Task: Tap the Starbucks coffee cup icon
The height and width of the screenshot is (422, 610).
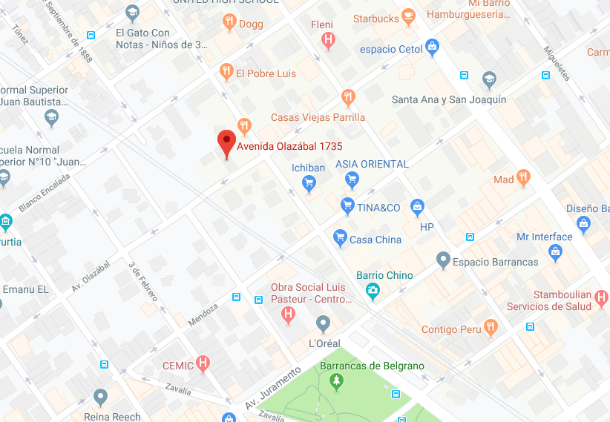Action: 407,16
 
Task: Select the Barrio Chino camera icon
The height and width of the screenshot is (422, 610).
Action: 373,292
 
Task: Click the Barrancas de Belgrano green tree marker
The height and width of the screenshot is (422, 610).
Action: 337,381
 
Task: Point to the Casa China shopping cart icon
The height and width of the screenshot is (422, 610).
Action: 340,237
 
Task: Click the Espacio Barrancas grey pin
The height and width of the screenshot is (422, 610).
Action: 443,260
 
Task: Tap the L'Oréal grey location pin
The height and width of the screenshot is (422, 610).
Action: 323,323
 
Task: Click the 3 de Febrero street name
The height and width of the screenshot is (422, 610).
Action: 143,281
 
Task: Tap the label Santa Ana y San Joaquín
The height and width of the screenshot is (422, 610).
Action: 448,99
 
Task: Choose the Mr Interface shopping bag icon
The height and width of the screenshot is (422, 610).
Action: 555,254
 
